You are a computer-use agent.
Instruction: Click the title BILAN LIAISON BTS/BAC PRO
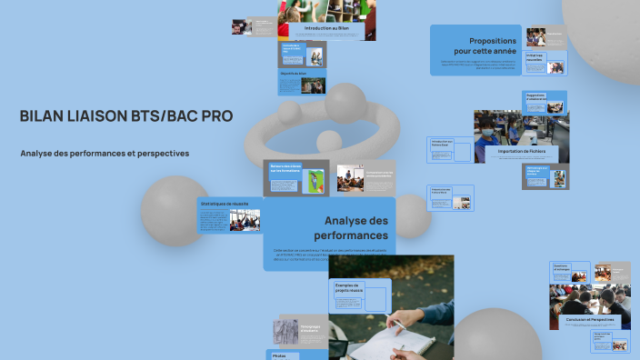point(125,116)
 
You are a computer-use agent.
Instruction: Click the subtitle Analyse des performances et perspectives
point(105,154)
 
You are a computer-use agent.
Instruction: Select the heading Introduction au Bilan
point(326,29)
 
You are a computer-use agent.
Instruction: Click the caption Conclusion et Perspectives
point(589,320)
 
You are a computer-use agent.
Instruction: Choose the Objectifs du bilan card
point(301,81)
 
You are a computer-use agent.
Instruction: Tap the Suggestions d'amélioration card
point(545,100)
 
